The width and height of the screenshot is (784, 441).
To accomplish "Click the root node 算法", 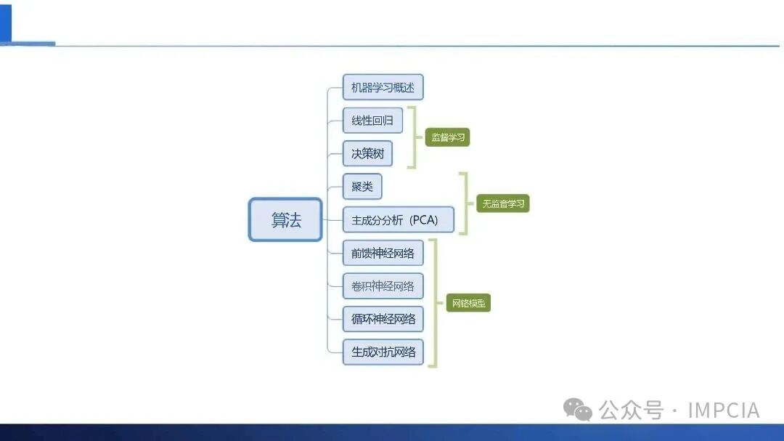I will click(x=285, y=219).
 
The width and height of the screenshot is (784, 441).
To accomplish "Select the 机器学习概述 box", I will click(x=383, y=87).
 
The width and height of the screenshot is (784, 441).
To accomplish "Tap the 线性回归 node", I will click(x=372, y=120).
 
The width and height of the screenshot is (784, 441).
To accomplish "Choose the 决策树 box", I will click(x=367, y=154).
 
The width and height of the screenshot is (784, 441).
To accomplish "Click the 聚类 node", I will click(x=362, y=187).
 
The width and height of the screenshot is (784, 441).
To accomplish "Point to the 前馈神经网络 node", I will click(x=383, y=253).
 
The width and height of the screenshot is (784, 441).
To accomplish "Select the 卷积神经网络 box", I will click(x=383, y=286).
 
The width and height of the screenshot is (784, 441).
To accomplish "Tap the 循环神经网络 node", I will click(x=383, y=318).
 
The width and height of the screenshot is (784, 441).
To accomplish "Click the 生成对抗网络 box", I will click(x=383, y=352).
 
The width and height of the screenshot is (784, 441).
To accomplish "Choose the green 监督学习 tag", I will click(x=447, y=137).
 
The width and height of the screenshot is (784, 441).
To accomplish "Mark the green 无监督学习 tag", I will click(x=503, y=203).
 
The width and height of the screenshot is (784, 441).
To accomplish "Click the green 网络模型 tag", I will click(x=468, y=303).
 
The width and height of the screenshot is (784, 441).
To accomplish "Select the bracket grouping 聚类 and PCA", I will click(x=464, y=203).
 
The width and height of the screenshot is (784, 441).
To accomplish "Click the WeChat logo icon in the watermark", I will click(x=579, y=410).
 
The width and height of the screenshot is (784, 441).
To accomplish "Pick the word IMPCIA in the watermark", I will click(x=722, y=410).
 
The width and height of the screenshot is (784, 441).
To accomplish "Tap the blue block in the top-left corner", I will click(x=6, y=22).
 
